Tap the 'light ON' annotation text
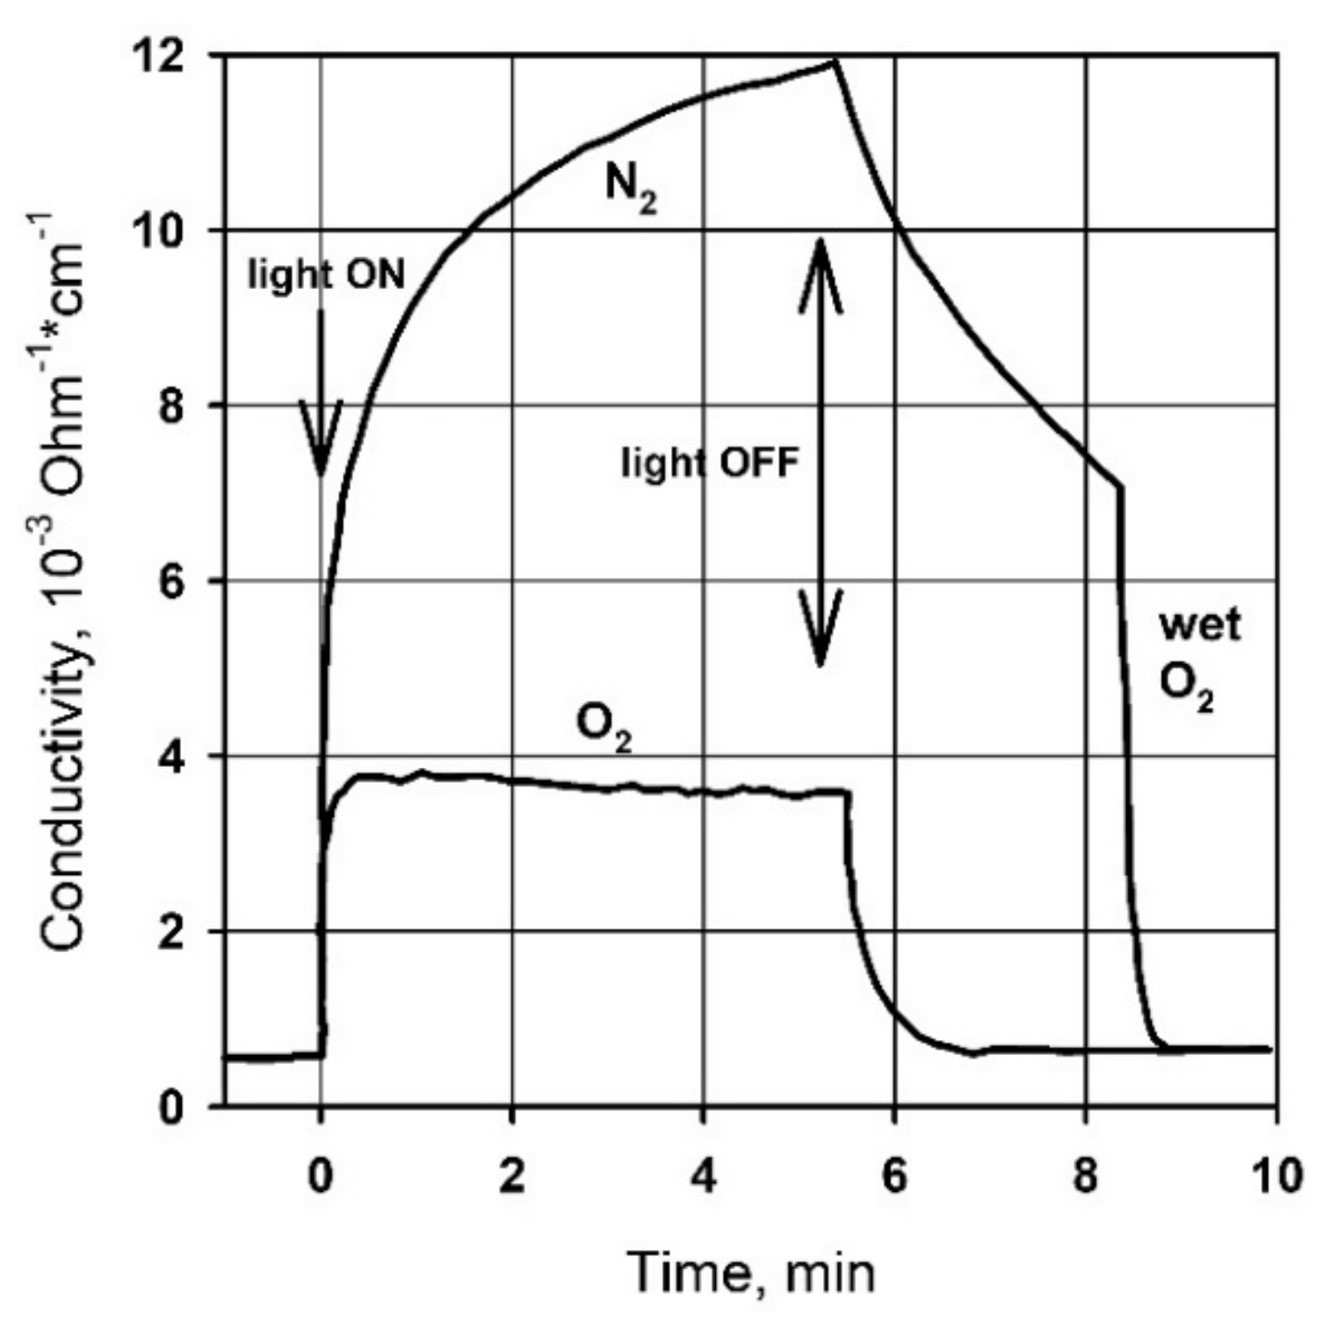point(326,276)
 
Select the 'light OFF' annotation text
point(710,462)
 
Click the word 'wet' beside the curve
point(1200,625)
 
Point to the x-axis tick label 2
point(511,1176)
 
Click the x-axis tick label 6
point(894,1176)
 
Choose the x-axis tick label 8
point(1086,1176)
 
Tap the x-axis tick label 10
point(1276,1176)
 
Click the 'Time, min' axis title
point(752,1271)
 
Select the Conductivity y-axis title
point(65,580)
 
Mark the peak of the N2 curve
point(834,61)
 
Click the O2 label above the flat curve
point(603,726)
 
